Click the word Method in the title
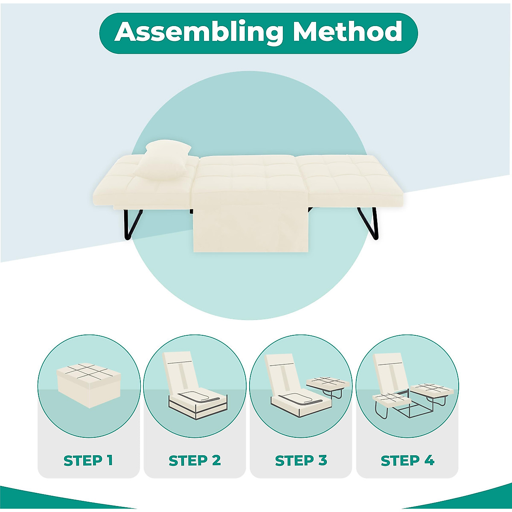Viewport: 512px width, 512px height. (347, 32)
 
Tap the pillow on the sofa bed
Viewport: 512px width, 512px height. (168, 160)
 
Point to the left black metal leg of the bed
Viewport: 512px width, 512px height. (132, 224)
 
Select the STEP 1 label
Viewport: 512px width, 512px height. (88, 461)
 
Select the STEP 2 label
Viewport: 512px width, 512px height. (195, 461)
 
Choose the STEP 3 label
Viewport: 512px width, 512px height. (301, 461)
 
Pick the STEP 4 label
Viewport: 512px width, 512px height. (407, 461)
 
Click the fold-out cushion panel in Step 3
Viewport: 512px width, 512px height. (326, 383)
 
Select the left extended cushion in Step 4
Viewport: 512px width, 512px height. (390, 399)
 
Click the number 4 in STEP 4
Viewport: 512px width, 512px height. (429, 461)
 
